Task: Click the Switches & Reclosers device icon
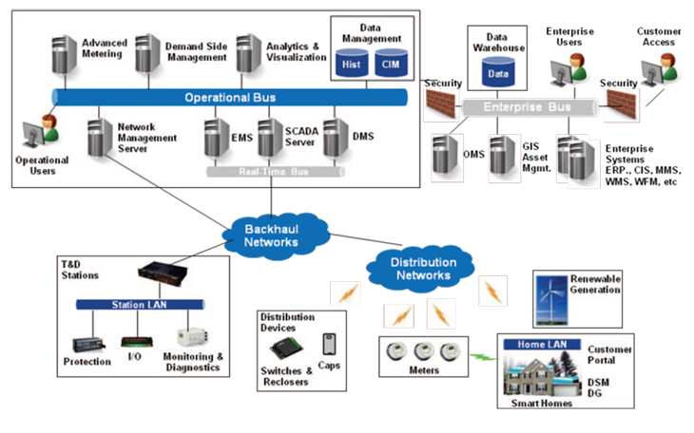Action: pos(283,347)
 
